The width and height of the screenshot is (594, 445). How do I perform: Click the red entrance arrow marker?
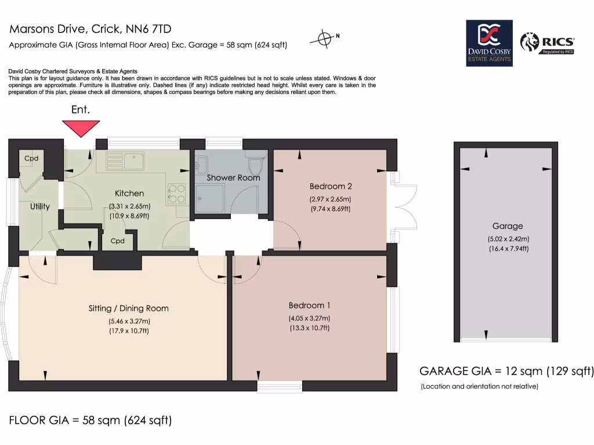pyautogui.click(x=81, y=127)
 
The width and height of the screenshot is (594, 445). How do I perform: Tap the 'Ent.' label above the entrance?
pyautogui.click(x=81, y=110)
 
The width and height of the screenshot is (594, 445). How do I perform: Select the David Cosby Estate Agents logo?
pyautogui.click(x=489, y=43)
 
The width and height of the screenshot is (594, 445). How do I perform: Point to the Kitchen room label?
pyautogui.click(x=129, y=194)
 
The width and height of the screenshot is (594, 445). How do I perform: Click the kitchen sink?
pyautogui.click(x=125, y=160)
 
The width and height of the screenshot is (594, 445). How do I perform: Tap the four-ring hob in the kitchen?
pyautogui.click(x=176, y=194)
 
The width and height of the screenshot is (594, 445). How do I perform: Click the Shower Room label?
pyautogui.click(x=233, y=177)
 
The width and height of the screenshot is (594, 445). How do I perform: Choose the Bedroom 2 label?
pyautogui.click(x=331, y=187)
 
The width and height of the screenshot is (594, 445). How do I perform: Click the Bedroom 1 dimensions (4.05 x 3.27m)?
pyautogui.click(x=310, y=318)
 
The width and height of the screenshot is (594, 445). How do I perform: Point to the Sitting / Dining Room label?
pyautogui.click(x=129, y=308)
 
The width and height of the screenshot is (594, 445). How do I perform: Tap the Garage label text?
pyautogui.click(x=508, y=226)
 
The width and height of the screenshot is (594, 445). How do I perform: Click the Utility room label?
pyautogui.click(x=40, y=206)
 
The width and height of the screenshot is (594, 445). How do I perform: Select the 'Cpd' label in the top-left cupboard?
pyautogui.click(x=31, y=158)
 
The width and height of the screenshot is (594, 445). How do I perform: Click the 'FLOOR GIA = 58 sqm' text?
pyautogui.click(x=90, y=420)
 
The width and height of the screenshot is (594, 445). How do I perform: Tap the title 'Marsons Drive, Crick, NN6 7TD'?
pyautogui.click(x=90, y=29)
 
